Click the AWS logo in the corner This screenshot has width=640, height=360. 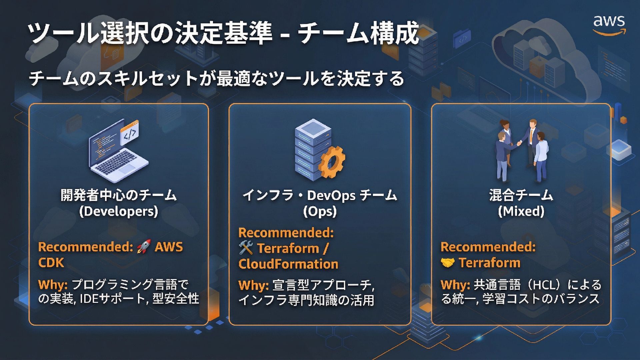point(609,24)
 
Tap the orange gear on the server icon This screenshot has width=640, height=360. point(331,162)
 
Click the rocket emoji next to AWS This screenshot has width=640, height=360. point(144,247)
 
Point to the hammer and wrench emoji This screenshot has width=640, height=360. point(246,248)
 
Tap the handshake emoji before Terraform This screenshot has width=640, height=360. point(447,263)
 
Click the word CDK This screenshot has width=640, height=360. point(51,263)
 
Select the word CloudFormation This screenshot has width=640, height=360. point(288,264)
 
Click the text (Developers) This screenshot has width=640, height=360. point(119,211)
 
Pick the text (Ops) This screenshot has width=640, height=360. point(320,211)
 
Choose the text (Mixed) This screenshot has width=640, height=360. point(521,211)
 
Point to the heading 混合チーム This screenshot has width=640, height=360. point(521,195)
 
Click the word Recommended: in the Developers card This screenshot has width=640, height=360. point(86,247)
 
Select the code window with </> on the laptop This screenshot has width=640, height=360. point(130,133)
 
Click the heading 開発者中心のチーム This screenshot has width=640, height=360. point(119,195)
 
